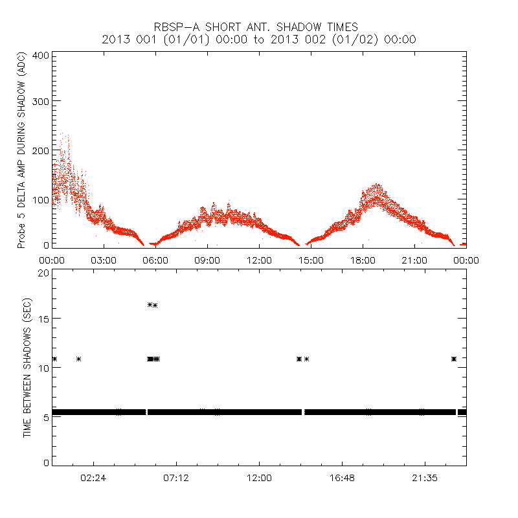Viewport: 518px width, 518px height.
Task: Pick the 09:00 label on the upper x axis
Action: pos(207,260)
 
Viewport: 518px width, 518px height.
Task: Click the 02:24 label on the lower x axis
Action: pos(93,478)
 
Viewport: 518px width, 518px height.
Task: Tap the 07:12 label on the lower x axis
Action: pos(176,478)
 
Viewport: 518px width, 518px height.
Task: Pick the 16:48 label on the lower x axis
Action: pos(342,478)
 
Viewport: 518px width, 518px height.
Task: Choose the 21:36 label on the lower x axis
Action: pos(425,478)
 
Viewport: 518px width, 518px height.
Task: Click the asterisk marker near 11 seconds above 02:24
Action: pos(79,359)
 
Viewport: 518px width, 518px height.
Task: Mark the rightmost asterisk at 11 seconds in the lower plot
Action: pos(454,359)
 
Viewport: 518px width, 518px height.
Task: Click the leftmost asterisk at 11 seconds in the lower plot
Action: pos(54,359)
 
